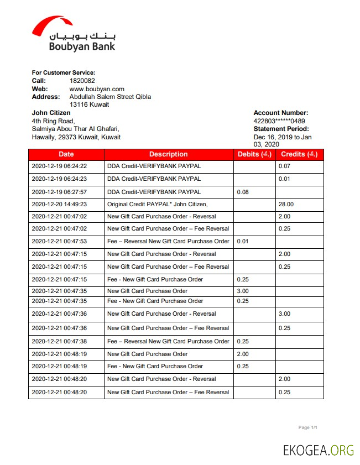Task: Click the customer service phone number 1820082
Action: (x=82, y=81)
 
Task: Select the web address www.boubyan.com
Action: (x=97, y=88)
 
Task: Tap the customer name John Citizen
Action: (x=51, y=113)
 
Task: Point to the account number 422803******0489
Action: (x=279, y=121)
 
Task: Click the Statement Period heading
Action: (x=281, y=129)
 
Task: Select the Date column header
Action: (x=66, y=154)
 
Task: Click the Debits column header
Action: (x=254, y=154)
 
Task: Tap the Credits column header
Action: (x=299, y=154)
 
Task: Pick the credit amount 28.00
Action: (x=286, y=204)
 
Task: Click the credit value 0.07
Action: (x=284, y=166)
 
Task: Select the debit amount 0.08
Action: (x=243, y=192)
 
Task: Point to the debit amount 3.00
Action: (x=243, y=291)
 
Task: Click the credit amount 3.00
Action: (x=284, y=314)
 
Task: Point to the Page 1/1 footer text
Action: (x=307, y=427)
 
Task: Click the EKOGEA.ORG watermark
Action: (x=318, y=450)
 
